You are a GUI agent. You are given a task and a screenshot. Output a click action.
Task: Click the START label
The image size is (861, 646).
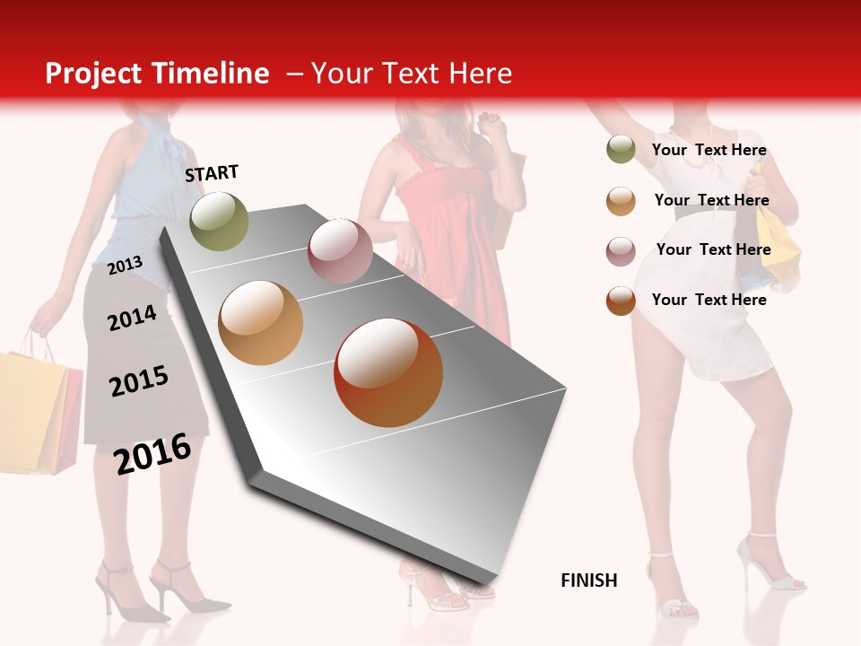pyautogui.click(x=212, y=173)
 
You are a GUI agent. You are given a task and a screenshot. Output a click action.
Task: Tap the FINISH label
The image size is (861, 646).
pyautogui.click(x=588, y=581)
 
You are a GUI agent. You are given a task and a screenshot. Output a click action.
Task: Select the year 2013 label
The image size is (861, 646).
pyautogui.click(x=125, y=266)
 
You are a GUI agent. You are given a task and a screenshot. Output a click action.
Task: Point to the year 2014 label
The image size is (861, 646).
pyautogui.click(x=132, y=318)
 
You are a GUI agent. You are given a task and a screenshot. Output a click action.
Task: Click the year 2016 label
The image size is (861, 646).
pyautogui.click(x=152, y=454)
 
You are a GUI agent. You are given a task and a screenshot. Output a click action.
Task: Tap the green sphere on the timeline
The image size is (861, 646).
pyautogui.click(x=219, y=221)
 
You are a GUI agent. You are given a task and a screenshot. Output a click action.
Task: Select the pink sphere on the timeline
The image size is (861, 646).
pyautogui.click(x=340, y=251)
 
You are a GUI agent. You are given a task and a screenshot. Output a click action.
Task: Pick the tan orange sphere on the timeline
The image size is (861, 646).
pyautogui.click(x=260, y=323)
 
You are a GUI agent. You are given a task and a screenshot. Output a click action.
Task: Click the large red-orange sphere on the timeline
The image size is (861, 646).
pyautogui.click(x=388, y=372)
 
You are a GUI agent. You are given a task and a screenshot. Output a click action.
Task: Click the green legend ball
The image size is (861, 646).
pyautogui.click(x=620, y=150)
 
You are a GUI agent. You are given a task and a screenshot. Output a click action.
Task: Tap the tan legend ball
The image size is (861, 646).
pyautogui.click(x=620, y=200)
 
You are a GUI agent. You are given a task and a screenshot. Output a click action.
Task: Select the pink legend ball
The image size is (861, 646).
pyautogui.click(x=620, y=250)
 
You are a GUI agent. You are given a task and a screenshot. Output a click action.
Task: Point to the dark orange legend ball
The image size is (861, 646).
pyautogui.click(x=620, y=301)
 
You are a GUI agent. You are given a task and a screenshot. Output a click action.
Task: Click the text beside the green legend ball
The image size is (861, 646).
pyautogui.click(x=709, y=150)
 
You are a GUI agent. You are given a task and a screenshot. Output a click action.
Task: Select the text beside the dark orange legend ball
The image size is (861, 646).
pyautogui.click(x=709, y=300)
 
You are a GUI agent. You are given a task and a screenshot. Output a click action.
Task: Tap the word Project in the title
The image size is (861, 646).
pyautogui.click(x=94, y=74)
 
